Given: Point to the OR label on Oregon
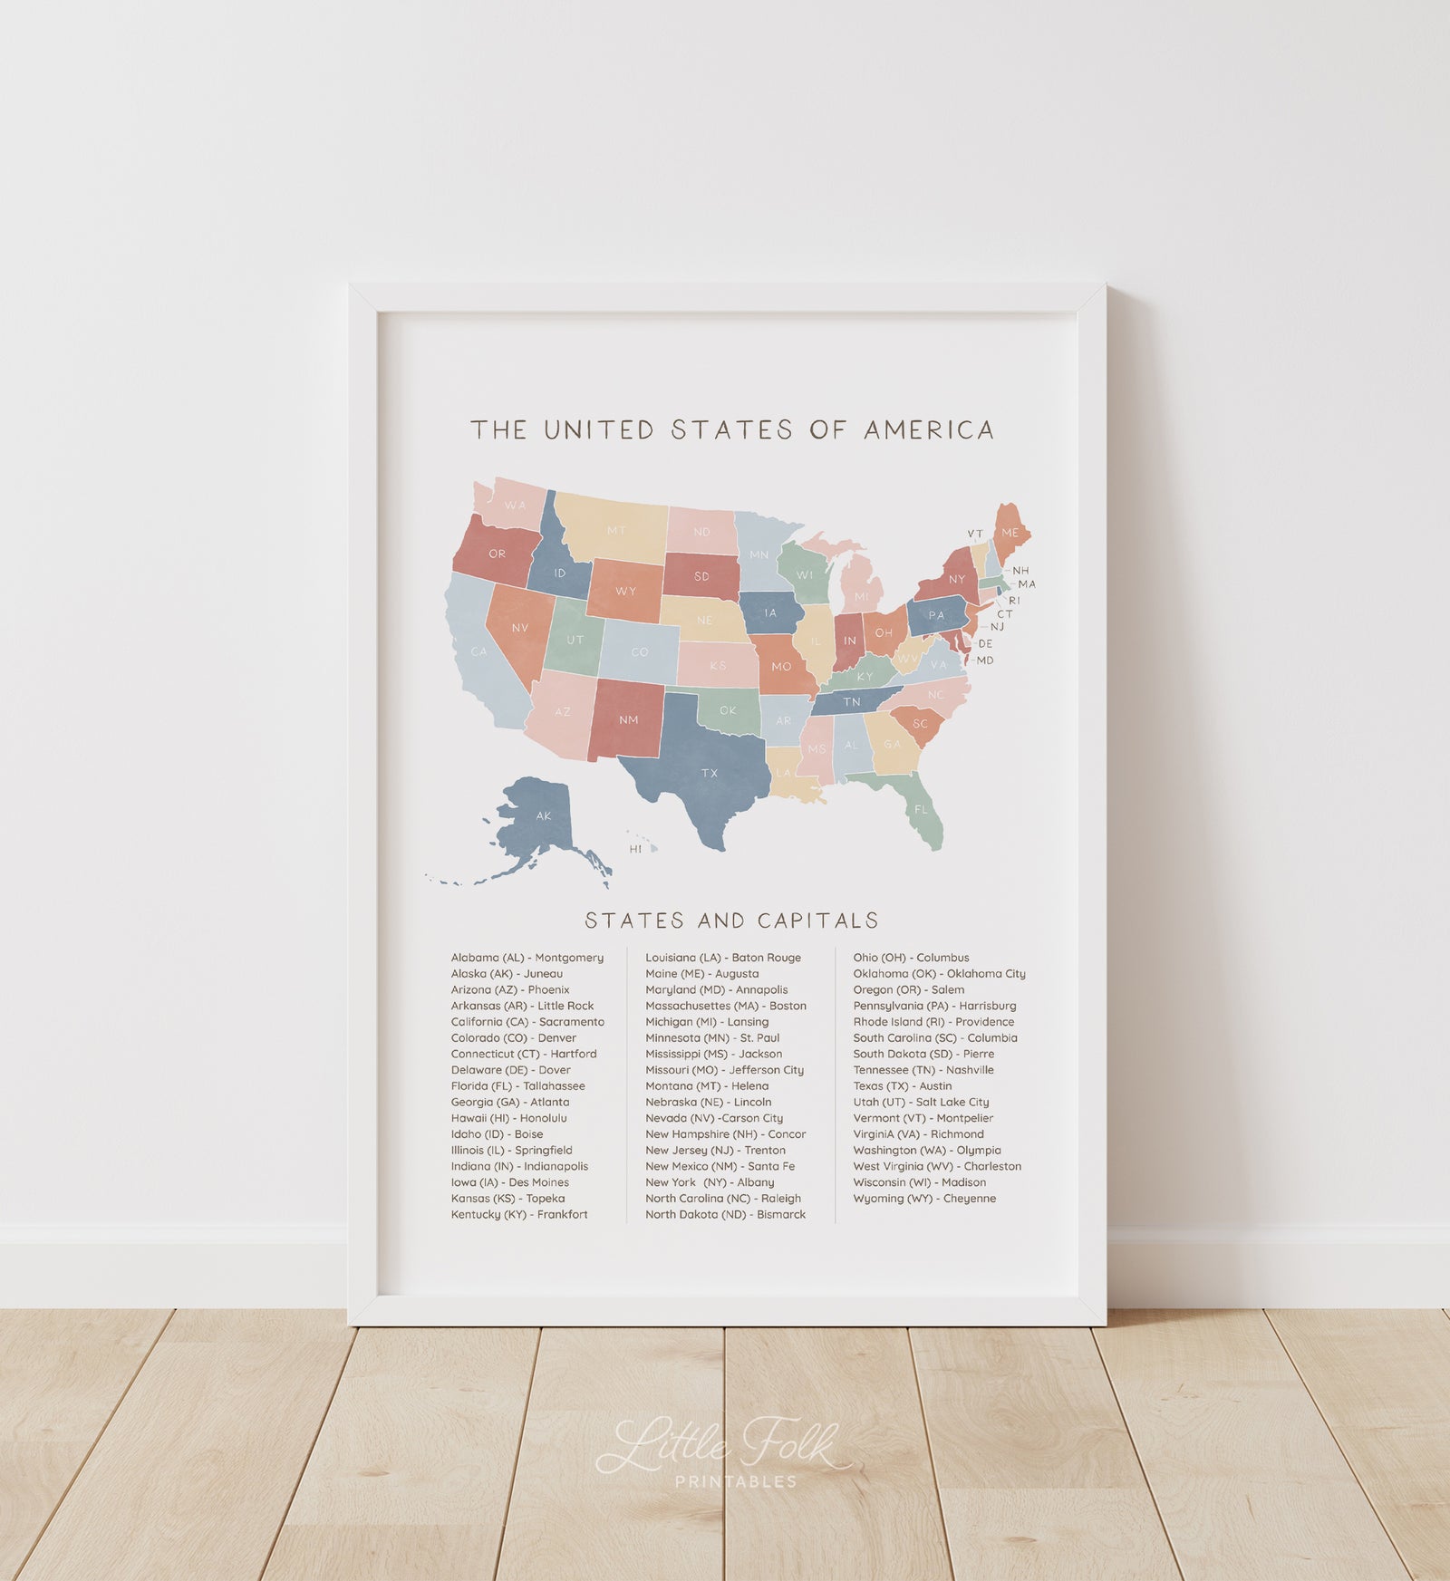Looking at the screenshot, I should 497,554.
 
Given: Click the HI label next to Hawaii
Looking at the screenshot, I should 635,849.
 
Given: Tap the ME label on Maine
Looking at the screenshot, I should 1010,533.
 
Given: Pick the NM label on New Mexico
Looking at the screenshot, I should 628,720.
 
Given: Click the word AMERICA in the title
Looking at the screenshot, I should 929,429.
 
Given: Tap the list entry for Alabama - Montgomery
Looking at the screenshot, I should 527,958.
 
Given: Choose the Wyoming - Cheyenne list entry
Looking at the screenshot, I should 923,1199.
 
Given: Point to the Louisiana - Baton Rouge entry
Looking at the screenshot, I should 722,958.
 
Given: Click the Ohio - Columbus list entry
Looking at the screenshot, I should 910,958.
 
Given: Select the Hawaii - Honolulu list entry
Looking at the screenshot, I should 508,1118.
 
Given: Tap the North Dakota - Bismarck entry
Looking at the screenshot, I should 725,1214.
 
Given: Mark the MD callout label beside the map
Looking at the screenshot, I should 985,660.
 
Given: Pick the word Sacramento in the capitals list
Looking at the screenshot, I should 571,1022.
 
